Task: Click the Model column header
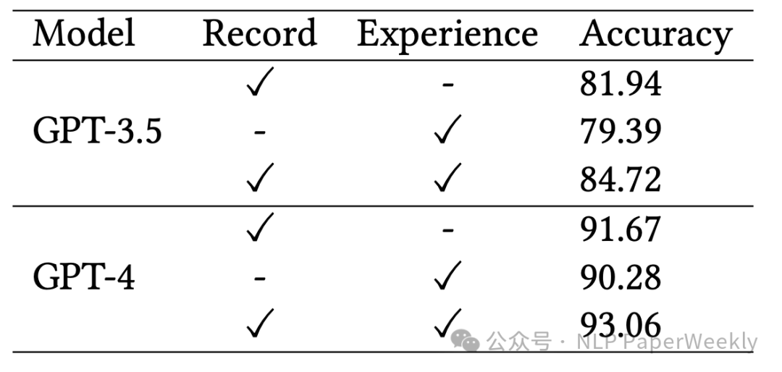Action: click(83, 34)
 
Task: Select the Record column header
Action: click(259, 34)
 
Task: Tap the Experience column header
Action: click(447, 35)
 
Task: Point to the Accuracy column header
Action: click(655, 35)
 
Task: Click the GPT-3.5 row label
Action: click(97, 132)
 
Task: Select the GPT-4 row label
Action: click(84, 278)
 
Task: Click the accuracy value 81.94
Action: click(621, 85)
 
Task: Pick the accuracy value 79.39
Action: click(621, 132)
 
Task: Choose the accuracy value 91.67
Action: click(621, 230)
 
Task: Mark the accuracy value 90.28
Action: click(621, 278)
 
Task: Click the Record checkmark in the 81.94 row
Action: click(259, 85)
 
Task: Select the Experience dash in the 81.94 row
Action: click(447, 86)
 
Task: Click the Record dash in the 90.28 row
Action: click(260, 279)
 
